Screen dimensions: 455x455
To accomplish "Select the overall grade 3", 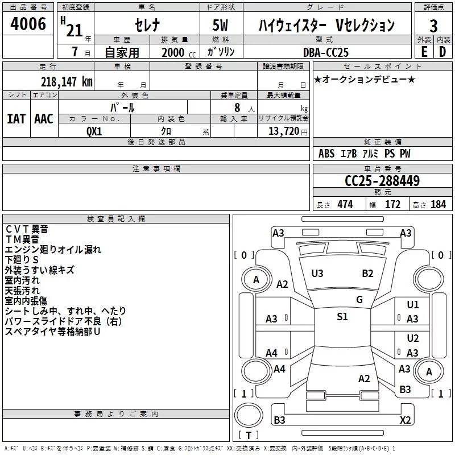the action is (x=434, y=26).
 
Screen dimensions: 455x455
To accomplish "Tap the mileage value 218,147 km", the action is (x=67, y=81).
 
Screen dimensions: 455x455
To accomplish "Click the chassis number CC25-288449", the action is (x=382, y=181).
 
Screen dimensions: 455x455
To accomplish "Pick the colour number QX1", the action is (x=94, y=130).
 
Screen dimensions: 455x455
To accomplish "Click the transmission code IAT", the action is (x=16, y=118).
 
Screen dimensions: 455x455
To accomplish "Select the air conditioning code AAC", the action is (x=43, y=118).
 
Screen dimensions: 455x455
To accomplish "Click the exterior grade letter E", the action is (x=424, y=52).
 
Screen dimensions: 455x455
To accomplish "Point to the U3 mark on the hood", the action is (x=317, y=274).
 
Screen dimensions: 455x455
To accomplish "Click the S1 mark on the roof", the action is (x=342, y=317).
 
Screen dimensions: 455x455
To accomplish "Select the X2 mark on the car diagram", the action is (x=405, y=420).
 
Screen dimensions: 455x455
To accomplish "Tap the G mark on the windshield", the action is (x=359, y=300).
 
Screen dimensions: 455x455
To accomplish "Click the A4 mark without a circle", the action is (x=272, y=353).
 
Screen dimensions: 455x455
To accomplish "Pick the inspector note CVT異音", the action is (x=27, y=229).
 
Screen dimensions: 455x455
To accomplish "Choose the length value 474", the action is (x=345, y=205).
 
